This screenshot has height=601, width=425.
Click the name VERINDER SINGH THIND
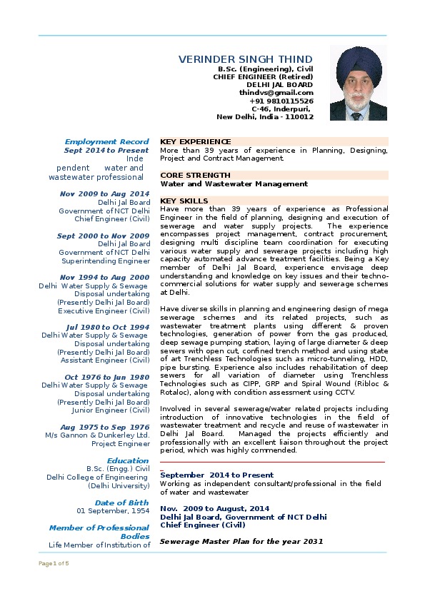tap(246, 59)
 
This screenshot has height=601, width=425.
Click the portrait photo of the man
tap(358, 84)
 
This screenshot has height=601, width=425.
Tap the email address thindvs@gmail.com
tap(276, 92)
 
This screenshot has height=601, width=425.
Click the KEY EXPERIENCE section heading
tap(195, 141)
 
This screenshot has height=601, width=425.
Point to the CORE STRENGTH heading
tap(195, 175)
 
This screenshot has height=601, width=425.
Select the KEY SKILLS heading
tap(184, 201)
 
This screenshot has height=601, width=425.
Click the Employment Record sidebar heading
tap(106, 141)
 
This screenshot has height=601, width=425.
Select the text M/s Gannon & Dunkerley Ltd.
tap(97, 434)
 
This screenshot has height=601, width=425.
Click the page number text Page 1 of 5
tap(54, 563)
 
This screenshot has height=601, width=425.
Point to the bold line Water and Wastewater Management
tap(234, 183)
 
